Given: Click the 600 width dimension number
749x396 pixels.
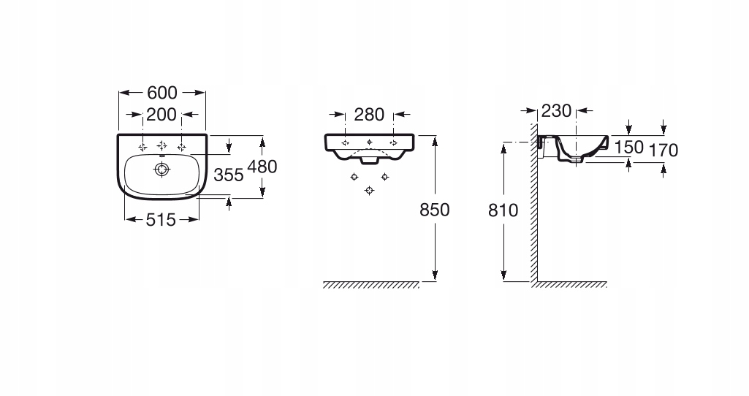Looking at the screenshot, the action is tap(162, 93).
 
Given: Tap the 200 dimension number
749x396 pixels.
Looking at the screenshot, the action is tap(161, 115).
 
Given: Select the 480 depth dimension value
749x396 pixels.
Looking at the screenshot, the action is tap(262, 167).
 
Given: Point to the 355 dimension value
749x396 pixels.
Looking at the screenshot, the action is tap(228, 175).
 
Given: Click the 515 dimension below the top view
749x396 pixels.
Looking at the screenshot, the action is tap(161, 218).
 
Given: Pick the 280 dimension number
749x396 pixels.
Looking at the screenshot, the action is tap(369, 115).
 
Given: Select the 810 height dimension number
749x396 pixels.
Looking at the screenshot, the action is tap(503, 210).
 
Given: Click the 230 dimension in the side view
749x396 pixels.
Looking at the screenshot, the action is tap(555, 112).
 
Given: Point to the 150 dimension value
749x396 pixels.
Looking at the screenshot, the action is tap(628, 148).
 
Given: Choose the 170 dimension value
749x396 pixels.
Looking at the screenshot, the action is tap(664, 151).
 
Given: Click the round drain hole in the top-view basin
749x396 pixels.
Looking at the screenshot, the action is tap(161, 170).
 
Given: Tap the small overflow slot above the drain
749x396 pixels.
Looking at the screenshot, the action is tap(161, 155).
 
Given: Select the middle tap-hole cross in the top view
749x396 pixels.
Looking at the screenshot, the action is tap(161, 143).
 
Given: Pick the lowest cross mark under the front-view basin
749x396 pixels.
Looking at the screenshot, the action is tap(369, 190).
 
